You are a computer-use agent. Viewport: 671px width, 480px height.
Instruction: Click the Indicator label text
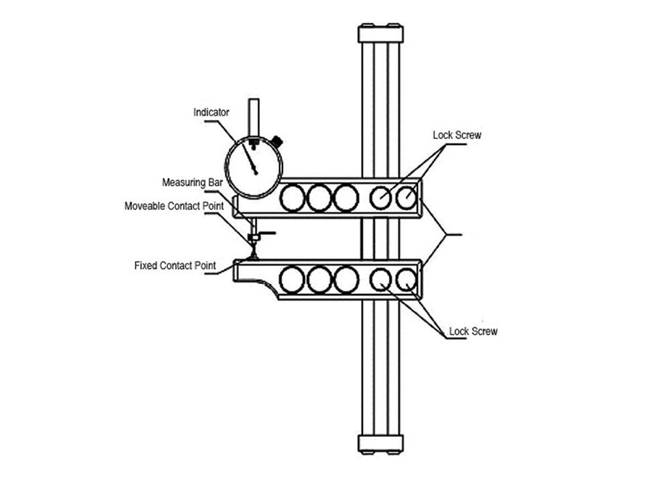coord(211,113)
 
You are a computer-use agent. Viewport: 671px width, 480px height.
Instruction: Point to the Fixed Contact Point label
coord(175,266)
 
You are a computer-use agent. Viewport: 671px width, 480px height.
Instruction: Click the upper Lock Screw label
coord(457,135)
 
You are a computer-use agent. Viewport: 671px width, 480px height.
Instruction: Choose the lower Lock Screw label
coord(473,332)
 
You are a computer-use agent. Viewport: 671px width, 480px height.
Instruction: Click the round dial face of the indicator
coord(252,168)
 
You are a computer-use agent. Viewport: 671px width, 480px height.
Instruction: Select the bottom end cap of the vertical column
coord(381,444)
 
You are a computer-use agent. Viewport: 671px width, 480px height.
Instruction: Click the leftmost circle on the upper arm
coord(293,199)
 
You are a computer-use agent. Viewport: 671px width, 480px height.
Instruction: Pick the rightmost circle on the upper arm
coord(407,198)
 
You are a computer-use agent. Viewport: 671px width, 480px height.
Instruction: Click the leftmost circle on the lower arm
coord(293,279)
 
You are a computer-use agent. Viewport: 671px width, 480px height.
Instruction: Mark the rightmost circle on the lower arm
coord(407,279)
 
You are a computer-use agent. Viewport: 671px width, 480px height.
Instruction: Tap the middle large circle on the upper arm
coord(319,199)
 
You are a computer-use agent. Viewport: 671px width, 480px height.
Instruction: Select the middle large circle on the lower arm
coord(319,279)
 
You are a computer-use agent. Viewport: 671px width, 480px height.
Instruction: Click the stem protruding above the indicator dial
coord(254,116)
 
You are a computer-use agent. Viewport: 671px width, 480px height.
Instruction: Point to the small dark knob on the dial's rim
coord(277,142)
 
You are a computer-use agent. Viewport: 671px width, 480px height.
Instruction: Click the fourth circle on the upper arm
coord(380,198)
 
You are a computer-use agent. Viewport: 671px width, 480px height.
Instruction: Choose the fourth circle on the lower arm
coord(380,279)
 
